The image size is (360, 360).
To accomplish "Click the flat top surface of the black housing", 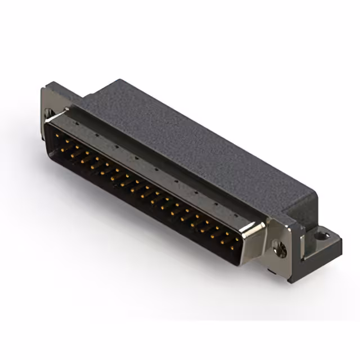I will tap(186, 141).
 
